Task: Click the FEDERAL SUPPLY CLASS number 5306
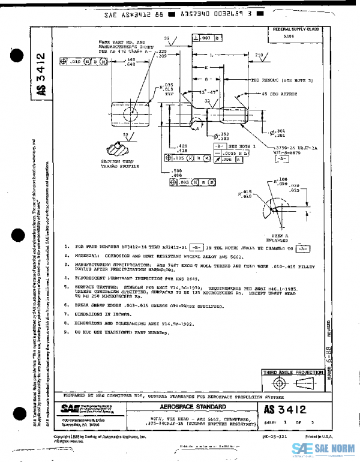coord(289,35)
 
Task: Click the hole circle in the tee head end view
coord(129,112)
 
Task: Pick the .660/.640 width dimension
coord(127,62)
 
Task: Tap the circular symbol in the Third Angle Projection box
coord(278,383)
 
